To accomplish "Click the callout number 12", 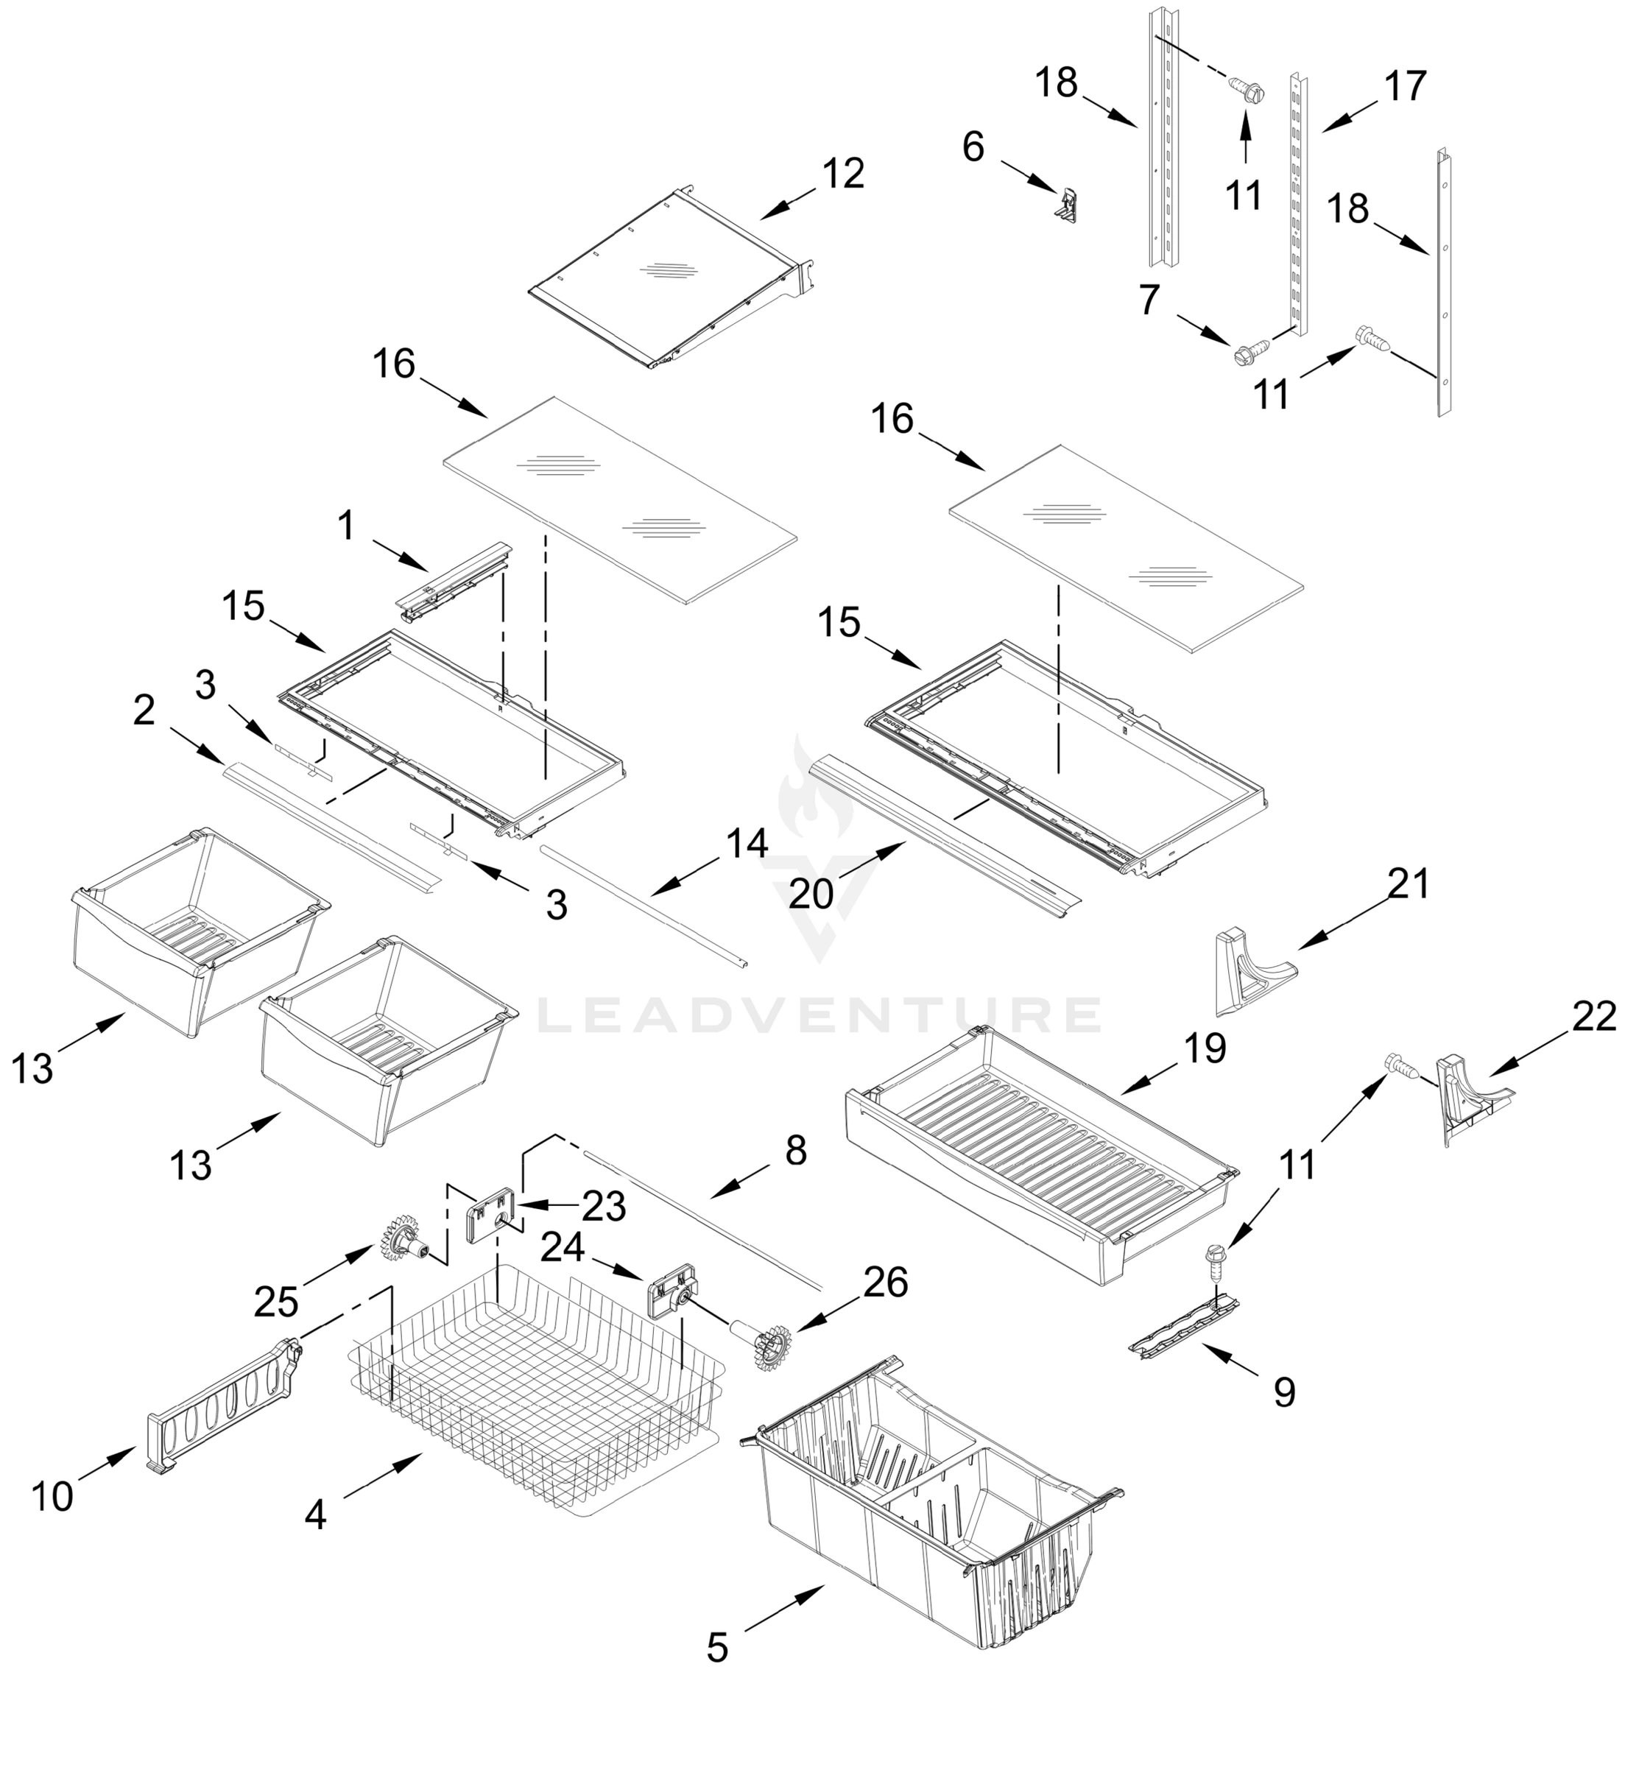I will click(x=842, y=174).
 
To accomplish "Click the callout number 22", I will click(x=1594, y=1017).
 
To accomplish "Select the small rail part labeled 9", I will click(x=1182, y=1325).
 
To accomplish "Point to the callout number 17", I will click(x=1405, y=87).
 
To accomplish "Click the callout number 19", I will click(x=1205, y=1048).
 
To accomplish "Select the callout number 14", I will click(x=747, y=844).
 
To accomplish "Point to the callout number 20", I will click(x=811, y=894).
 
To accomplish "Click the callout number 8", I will click(x=795, y=1151).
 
